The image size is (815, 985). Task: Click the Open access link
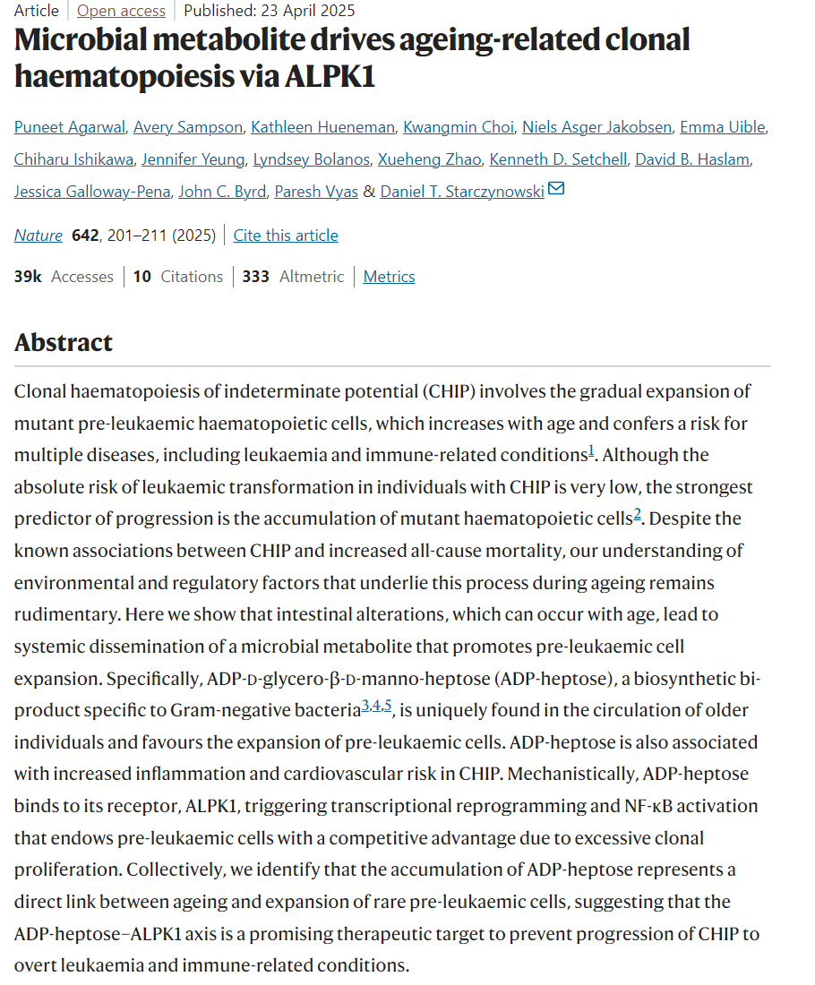point(121,11)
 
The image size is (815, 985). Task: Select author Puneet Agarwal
point(69,127)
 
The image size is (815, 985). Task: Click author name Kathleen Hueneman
point(319,127)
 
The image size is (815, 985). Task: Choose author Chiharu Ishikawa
point(73,159)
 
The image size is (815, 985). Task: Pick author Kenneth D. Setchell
point(558,159)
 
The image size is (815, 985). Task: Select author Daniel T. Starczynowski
point(462,192)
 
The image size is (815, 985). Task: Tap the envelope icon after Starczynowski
point(556,190)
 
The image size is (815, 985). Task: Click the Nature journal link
point(39,236)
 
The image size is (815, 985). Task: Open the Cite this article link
point(286,236)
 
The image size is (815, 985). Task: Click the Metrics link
point(389,277)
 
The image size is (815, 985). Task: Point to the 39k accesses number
point(28,277)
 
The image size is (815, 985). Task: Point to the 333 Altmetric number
point(255,277)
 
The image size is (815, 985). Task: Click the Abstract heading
point(64,343)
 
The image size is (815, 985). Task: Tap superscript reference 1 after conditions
point(591,450)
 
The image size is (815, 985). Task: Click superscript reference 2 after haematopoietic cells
point(638,514)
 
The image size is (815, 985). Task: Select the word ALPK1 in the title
point(330,77)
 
